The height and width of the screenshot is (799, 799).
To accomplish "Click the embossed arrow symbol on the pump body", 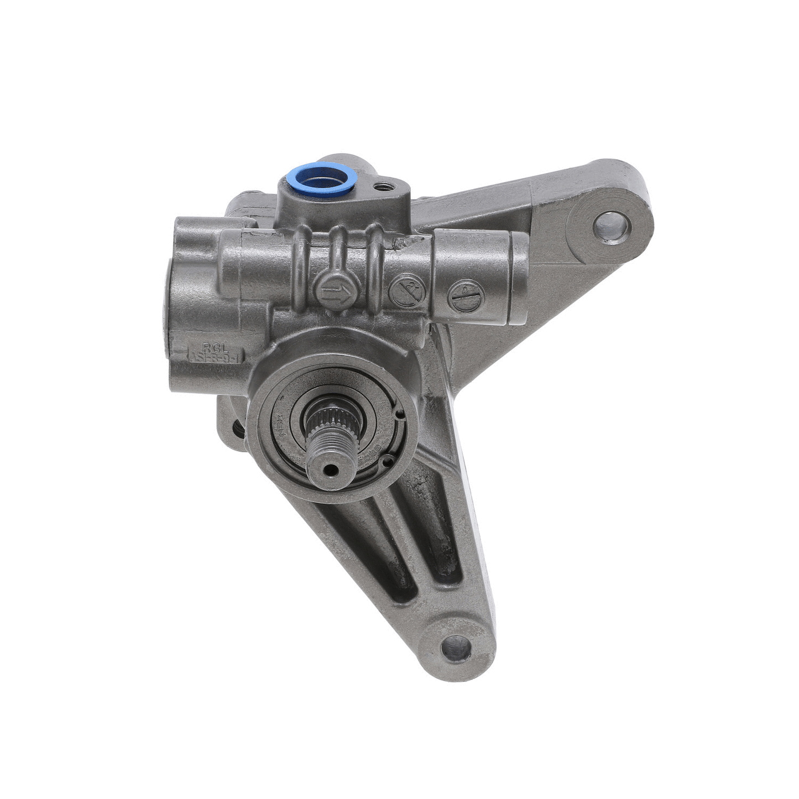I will tap(337, 289).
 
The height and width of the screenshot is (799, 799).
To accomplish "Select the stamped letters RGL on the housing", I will tap(211, 347).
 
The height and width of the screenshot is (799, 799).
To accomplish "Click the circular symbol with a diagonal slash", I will tap(407, 291).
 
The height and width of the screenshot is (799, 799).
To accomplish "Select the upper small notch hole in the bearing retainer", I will tap(399, 412).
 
